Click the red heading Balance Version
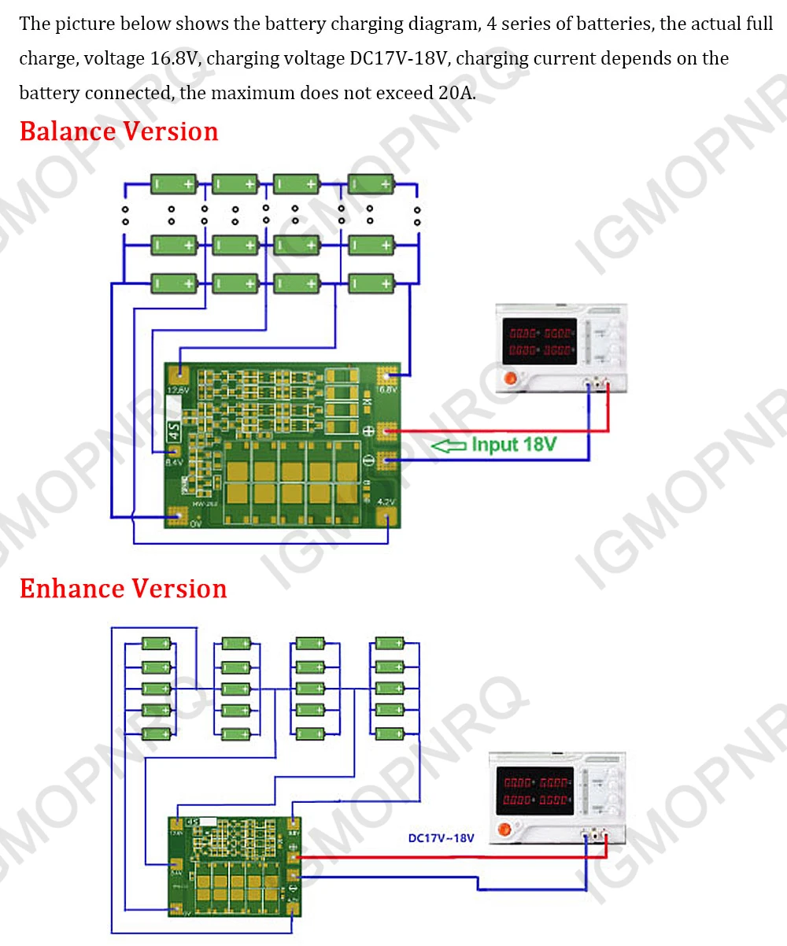click(119, 131)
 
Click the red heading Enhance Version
click(124, 589)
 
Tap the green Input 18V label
click(514, 445)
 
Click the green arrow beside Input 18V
click(449, 446)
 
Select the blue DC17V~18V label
click(442, 838)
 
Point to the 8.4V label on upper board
click(174, 464)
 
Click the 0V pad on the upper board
click(178, 517)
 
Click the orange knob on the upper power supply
click(510, 379)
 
